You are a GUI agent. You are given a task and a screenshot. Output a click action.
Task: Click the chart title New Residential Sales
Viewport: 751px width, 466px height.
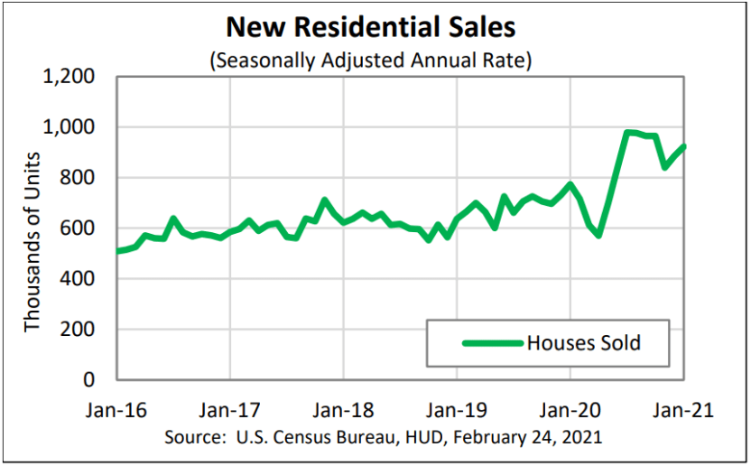click(370, 27)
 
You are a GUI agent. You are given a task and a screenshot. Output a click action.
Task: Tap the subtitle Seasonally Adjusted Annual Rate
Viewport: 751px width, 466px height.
click(370, 61)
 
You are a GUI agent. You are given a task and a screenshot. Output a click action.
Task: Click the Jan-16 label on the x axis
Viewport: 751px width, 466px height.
click(117, 409)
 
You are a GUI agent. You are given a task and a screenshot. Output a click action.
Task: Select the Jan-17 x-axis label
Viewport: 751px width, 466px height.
click(230, 409)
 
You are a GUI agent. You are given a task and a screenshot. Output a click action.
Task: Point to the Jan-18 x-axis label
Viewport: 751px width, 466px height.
click(344, 409)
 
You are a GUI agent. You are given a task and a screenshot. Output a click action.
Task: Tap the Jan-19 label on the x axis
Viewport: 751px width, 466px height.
click(457, 409)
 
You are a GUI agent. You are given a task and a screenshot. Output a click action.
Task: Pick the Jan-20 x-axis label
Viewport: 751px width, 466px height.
click(570, 409)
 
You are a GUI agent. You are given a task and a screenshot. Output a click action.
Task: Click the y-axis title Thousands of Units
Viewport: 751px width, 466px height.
click(32, 228)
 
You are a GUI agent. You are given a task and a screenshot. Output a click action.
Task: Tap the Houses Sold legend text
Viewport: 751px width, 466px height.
click(583, 343)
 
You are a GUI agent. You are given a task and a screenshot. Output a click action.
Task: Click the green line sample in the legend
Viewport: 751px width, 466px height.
click(492, 343)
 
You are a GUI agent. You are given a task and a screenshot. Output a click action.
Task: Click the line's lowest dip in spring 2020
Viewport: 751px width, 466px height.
click(598, 235)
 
